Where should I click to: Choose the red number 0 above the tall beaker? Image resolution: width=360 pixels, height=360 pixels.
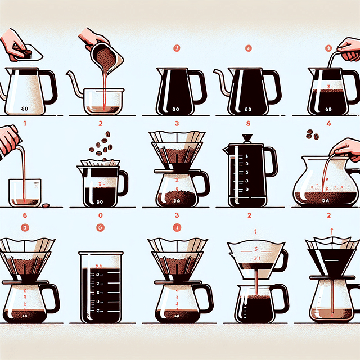(x=100, y=215)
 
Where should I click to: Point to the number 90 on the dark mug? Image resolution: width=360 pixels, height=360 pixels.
(x=100, y=200)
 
